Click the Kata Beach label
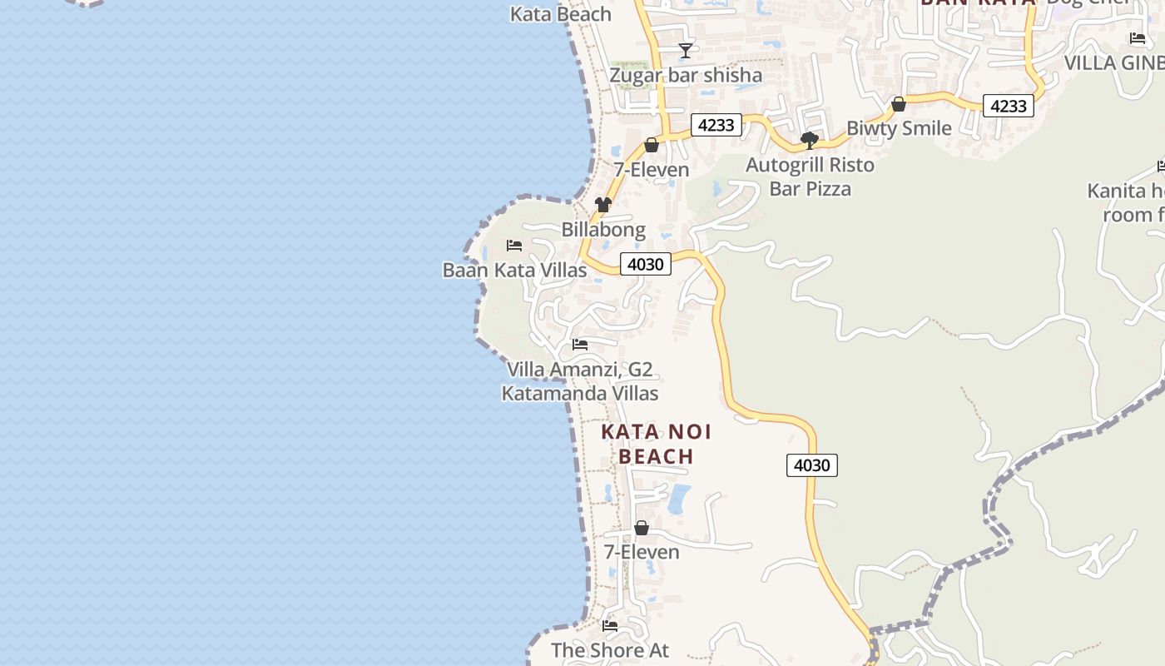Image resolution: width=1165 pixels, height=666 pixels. point(560,14)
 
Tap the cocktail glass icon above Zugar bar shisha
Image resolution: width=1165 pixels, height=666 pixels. point(685,51)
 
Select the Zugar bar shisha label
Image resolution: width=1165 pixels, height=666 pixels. point(686,75)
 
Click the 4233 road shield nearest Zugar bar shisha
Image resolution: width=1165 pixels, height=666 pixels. point(716,125)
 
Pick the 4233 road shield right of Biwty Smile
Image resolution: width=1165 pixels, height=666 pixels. point(1008,106)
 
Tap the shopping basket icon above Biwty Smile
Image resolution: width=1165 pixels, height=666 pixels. point(899,104)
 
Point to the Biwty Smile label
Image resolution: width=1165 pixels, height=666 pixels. point(899,128)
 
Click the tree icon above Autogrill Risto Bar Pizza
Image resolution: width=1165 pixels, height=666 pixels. point(809,140)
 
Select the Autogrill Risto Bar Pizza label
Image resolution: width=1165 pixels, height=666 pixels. point(810,176)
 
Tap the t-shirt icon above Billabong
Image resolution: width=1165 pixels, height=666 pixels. point(603,205)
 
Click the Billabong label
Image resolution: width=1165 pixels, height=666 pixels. point(603,229)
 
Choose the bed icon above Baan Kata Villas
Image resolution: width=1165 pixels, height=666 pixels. point(514,246)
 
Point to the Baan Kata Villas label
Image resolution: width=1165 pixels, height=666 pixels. point(514,270)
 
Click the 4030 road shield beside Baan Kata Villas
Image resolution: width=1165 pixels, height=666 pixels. point(646,265)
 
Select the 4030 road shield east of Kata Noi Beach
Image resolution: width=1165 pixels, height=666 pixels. point(811,465)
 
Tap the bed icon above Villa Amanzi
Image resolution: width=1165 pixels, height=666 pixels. point(580,345)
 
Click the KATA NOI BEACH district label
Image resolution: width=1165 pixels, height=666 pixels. point(657,444)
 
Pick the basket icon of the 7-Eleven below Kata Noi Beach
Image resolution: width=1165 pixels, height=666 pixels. point(642,528)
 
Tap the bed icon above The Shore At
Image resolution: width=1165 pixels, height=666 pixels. point(610,626)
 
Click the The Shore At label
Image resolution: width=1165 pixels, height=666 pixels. point(610,650)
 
